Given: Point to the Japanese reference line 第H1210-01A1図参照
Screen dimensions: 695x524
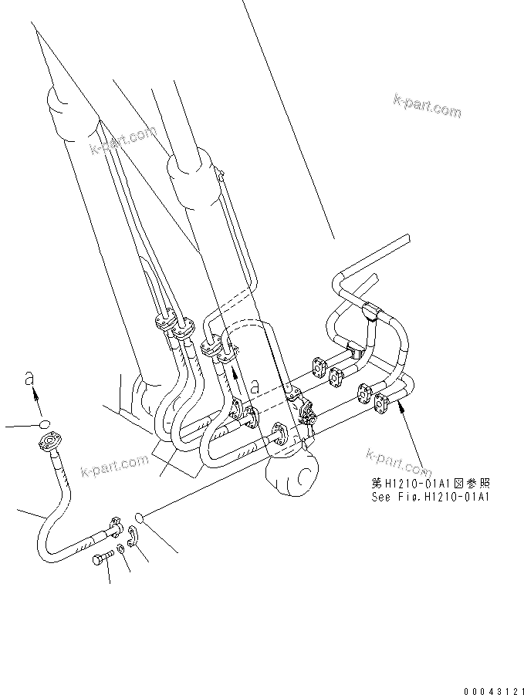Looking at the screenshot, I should click(430, 484).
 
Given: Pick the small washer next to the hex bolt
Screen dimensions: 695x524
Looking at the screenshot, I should click(121, 550).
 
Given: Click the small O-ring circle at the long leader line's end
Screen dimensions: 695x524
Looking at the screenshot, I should click(140, 516).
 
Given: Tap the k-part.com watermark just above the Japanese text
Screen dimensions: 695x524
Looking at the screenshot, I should click(397, 460).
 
